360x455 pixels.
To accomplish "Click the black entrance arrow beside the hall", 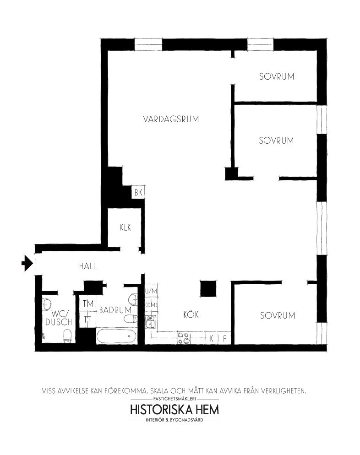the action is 27,263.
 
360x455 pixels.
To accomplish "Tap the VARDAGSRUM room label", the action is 171,119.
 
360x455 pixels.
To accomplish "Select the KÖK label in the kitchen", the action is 191,314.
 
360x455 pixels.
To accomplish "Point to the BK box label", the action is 138,192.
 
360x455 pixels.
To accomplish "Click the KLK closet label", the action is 125,227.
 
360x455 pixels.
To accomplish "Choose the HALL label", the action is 88,266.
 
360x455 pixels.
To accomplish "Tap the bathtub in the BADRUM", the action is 116,336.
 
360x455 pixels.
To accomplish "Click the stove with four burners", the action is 184,338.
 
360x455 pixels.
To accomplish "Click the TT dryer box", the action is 87,320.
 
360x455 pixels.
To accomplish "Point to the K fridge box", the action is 211,338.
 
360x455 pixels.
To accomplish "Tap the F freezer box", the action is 224,338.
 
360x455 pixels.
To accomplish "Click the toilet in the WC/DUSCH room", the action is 67,336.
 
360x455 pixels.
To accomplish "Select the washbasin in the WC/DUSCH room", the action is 46,304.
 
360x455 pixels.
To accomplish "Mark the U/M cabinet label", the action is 151,291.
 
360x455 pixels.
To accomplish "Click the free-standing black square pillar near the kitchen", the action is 208,289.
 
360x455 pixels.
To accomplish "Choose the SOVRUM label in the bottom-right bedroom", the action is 278,316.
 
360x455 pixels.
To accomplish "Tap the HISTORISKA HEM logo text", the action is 175,410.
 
